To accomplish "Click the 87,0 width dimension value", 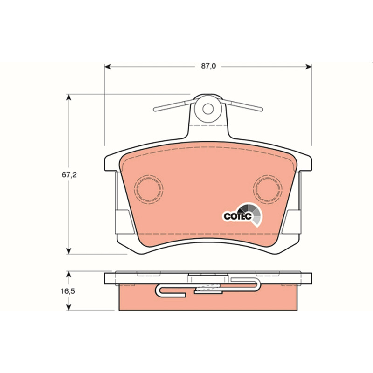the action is click(208, 66).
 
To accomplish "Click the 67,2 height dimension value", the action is click(69, 175).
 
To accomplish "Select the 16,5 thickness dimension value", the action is click(68, 291).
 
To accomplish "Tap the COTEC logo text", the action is click(238, 216).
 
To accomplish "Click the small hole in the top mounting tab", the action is click(208, 109).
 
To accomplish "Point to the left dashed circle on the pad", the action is click(149, 190).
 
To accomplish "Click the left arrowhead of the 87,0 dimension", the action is click(108, 67).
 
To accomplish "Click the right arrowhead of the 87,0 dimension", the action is click(309, 67).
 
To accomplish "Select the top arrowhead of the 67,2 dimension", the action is click(69, 97).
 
